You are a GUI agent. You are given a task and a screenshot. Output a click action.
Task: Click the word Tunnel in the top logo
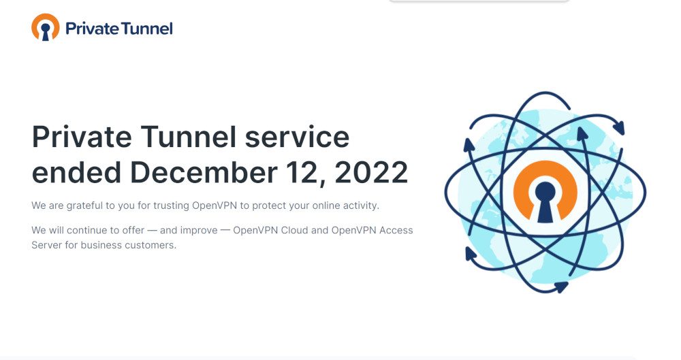[x=146, y=29]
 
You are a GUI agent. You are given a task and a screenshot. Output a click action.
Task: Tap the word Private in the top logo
[x=91, y=29]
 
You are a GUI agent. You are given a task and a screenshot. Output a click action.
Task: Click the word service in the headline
[x=297, y=137]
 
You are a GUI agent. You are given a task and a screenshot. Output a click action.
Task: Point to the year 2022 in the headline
[x=371, y=172]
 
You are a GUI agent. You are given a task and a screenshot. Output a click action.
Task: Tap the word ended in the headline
[x=76, y=172]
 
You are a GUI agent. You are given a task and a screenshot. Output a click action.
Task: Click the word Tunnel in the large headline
[x=189, y=137]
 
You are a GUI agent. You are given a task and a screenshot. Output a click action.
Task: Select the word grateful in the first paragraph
[x=84, y=206]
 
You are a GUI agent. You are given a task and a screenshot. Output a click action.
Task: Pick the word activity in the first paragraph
[x=361, y=206]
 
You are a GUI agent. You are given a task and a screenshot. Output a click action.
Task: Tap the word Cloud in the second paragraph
[x=294, y=230]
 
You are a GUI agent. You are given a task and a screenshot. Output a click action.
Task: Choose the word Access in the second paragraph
[x=396, y=230]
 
